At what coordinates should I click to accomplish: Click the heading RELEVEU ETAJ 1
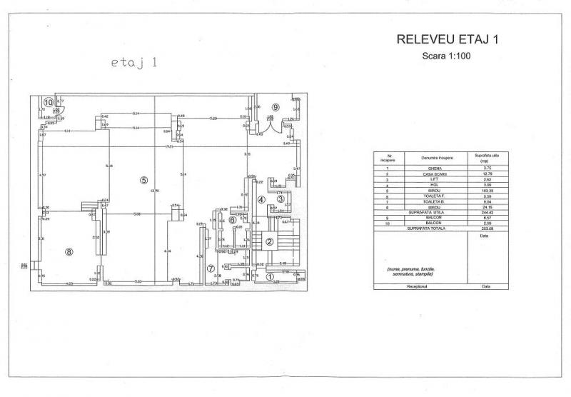[447, 40]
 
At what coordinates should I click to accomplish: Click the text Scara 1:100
[447, 55]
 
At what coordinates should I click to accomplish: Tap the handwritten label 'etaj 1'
[134, 63]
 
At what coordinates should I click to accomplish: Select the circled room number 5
[143, 180]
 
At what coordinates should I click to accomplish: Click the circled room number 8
[69, 251]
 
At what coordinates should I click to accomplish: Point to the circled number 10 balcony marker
[48, 102]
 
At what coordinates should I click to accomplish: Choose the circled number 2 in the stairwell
[270, 241]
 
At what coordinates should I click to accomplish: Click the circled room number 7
[211, 268]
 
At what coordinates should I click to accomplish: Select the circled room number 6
[232, 220]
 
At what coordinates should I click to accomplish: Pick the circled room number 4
[261, 201]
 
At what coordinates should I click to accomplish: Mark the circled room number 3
[281, 199]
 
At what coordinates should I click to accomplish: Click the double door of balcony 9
[271, 122]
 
